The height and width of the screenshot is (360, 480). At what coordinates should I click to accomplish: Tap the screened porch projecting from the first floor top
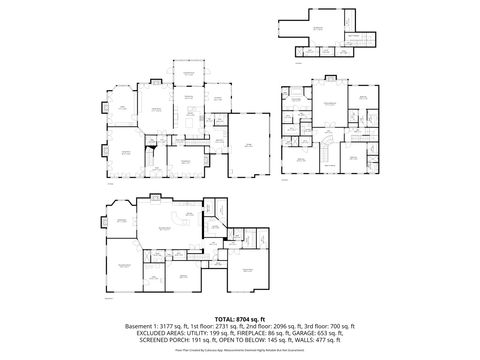pyautogui.click(x=184, y=75)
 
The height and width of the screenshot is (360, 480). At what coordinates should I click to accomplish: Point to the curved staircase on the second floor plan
pyautogui.click(x=325, y=150)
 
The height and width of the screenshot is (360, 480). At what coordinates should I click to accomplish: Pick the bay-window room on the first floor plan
pyautogui.click(x=119, y=109)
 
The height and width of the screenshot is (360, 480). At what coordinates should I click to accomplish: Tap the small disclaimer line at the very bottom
pyautogui.click(x=240, y=352)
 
